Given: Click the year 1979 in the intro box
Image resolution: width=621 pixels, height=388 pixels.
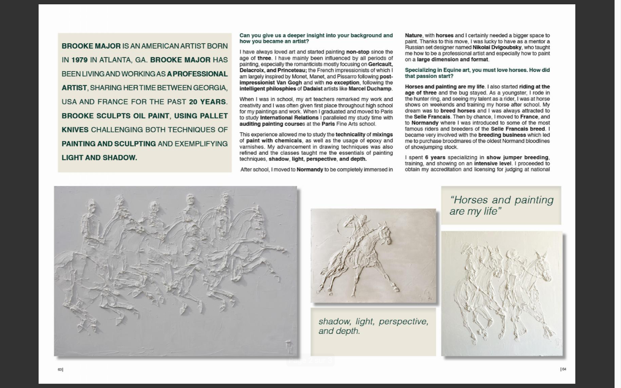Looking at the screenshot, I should [79, 60].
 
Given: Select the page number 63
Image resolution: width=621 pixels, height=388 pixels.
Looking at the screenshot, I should [60, 369].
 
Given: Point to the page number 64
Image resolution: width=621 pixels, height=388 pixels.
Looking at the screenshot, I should [563, 369].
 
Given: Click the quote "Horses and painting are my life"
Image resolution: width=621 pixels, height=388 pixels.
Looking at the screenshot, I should [501, 205].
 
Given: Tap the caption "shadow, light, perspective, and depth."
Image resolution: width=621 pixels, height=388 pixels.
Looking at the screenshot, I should [373, 326].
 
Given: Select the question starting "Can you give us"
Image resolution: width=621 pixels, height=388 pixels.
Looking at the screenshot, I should [316, 38].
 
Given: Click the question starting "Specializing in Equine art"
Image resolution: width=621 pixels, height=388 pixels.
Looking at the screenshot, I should [477, 73].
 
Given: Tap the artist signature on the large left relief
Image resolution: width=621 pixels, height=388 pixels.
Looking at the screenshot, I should [289, 346].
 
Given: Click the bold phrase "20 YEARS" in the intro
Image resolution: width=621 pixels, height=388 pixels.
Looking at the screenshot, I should [207, 102].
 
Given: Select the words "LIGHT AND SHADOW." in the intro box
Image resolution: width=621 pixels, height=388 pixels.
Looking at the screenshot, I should [99, 158].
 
